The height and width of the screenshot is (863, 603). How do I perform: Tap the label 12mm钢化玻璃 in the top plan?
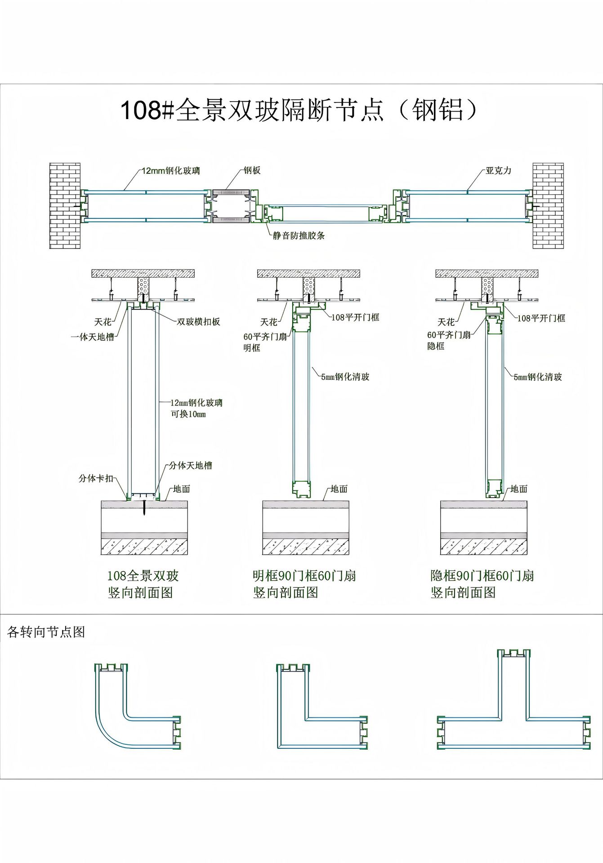(x=171, y=171)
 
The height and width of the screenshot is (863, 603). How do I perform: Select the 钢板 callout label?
(x=252, y=170)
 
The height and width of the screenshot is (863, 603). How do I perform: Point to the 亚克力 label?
(x=498, y=171)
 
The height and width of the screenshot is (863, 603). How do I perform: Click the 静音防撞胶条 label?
(x=299, y=236)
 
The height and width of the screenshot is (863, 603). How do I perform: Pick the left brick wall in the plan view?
(x=65, y=205)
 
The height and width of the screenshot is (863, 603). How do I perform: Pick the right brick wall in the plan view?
(x=548, y=205)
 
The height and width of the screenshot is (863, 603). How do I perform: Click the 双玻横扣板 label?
(x=198, y=322)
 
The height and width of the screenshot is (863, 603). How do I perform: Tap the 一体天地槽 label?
(x=93, y=337)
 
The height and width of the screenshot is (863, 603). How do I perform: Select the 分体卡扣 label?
(x=96, y=478)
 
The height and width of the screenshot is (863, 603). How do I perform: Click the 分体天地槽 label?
(x=190, y=466)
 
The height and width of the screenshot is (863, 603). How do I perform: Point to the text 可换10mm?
(x=188, y=414)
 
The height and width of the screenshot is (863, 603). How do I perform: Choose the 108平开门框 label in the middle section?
(x=355, y=317)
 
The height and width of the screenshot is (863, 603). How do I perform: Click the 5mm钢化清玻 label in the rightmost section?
(x=538, y=377)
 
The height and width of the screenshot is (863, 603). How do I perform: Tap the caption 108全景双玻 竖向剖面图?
(x=143, y=584)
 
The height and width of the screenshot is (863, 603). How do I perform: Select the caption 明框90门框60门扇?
(x=304, y=576)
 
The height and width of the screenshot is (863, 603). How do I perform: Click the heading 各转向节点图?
(x=46, y=632)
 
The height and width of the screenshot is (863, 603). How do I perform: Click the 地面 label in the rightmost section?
(x=518, y=489)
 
